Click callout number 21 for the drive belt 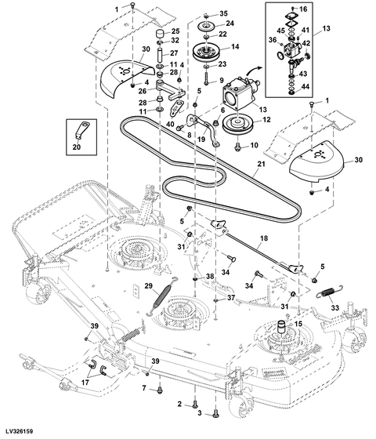coord(261,163)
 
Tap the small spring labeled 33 coord(330,292)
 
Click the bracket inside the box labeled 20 coord(81,129)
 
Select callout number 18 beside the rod coord(264,238)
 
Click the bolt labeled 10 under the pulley coord(238,146)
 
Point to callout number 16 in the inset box coord(303,9)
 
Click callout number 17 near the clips coord(85,382)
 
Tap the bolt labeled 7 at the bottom coord(160,390)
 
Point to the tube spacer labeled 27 coord(161,55)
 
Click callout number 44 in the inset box coord(305,86)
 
